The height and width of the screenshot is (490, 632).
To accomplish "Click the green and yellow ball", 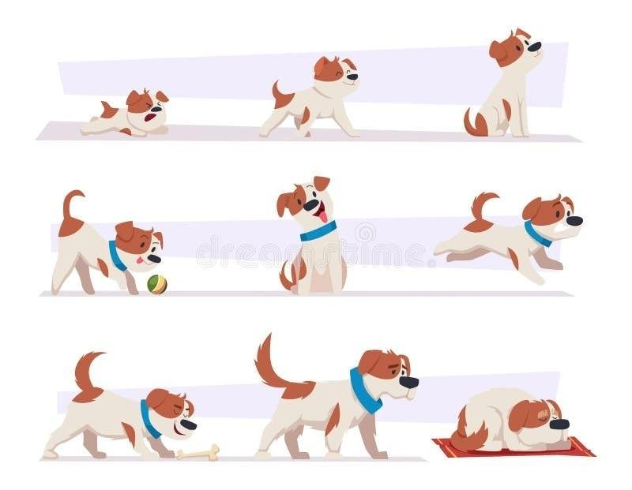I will coord(157,284).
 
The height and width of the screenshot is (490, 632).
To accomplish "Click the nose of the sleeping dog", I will coord(559,425).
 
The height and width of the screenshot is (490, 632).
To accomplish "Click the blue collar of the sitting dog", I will coord(318,231).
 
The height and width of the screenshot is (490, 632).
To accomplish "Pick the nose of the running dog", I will coord(575,222).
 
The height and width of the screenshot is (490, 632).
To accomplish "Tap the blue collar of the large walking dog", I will coord(363,391).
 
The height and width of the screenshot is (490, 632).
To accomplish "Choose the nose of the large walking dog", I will coord(409,382).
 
